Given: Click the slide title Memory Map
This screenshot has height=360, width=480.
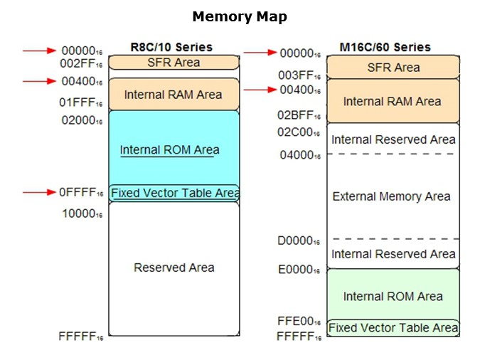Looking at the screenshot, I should (x=240, y=16).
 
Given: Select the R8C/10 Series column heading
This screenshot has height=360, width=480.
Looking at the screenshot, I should (x=171, y=47).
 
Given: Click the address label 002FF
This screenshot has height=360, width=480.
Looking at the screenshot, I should (x=82, y=63).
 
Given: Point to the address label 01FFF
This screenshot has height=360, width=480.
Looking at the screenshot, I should (x=82, y=103).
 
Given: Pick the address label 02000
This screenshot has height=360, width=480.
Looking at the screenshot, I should (x=82, y=120).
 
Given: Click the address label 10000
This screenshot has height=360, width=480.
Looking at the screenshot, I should (x=82, y=213).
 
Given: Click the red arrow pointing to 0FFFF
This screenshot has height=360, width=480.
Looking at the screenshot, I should (x=39, y=192).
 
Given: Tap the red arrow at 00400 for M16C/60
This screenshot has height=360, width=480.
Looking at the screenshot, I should (x=260, y=90).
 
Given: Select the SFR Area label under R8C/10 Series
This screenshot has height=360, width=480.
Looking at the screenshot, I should (x=174, y=63).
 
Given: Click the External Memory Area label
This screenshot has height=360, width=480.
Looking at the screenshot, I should (x=391, y=196).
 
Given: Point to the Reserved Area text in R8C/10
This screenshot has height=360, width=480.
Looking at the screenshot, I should (x=174, y=268).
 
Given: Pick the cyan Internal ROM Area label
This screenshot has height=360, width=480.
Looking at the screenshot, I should (x=169, y=150).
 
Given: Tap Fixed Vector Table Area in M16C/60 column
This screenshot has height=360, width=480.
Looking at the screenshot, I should (x=393, y=328).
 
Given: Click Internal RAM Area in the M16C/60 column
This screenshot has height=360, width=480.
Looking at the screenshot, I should (x=392, y=102).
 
